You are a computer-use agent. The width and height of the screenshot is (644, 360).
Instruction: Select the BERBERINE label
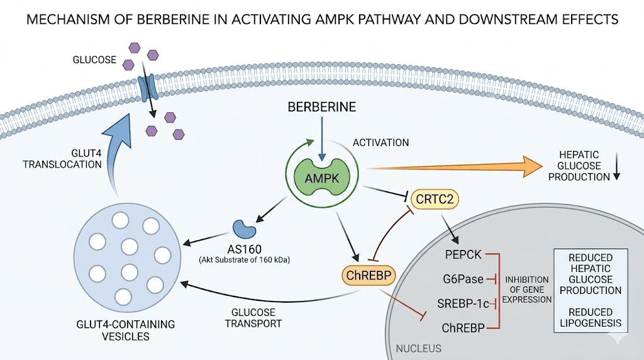[x=321, y=107]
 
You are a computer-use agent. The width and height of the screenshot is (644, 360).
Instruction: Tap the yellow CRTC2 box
[x=435, y=201]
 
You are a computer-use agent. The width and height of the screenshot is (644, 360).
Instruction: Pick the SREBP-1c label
[x=463, y=303]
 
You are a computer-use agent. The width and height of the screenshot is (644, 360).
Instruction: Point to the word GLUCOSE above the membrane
[x=94, y=60]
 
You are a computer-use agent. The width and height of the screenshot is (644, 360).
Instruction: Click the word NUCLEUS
[x=418, y=348]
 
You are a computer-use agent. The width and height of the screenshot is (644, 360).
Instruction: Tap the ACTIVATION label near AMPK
[x=381, y=142]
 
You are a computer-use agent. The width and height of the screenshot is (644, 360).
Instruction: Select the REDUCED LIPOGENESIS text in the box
[x=591, y=318]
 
